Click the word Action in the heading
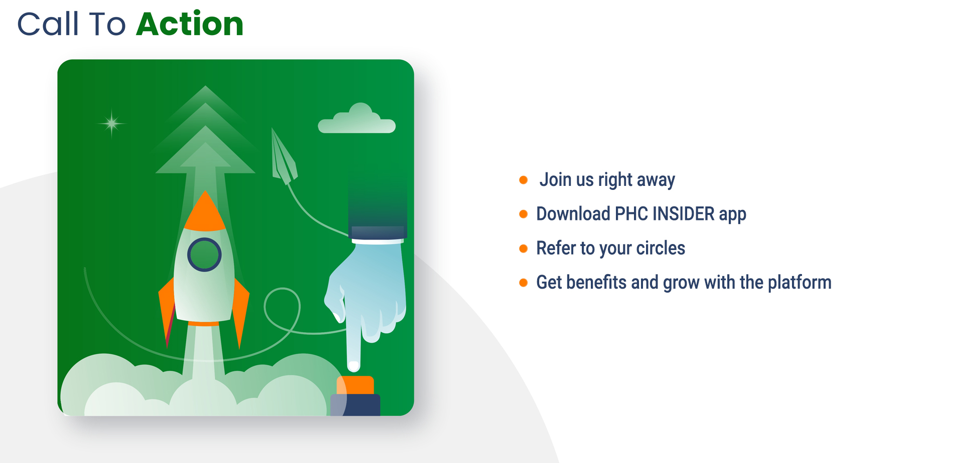coord(190,24)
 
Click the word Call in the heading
coord(48,24)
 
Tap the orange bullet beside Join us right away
coord(523,180)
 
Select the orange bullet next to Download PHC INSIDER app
coord(523,214)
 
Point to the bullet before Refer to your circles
coord(523,249)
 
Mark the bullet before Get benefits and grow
coord(523,283)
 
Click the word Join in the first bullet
coord(556,179)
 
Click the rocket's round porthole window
coord(204,255)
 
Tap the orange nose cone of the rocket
coord(205,211)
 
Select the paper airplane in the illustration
coord(284,156)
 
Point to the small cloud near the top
coord(357,119)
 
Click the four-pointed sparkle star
coord(111,123)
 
